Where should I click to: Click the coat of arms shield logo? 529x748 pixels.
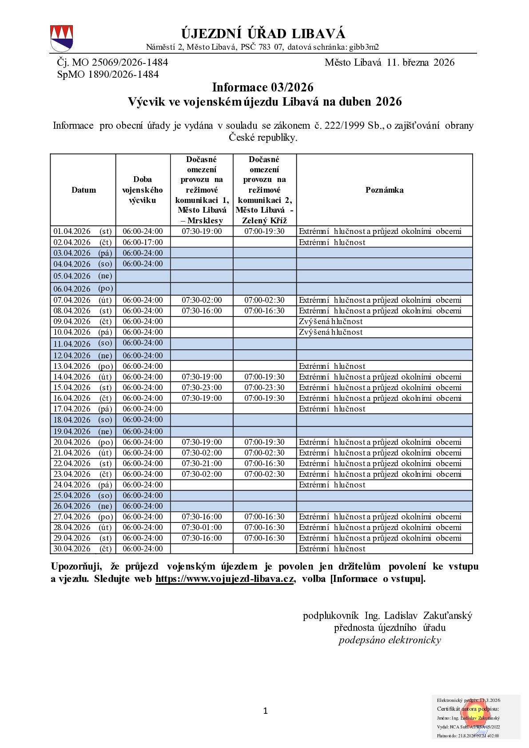[x=61, y=39]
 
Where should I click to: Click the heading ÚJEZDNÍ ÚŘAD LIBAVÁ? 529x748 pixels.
[x=263, y=34]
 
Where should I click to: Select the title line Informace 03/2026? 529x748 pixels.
[x=263, y=87]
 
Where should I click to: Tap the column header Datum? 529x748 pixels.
[x=84, y=190]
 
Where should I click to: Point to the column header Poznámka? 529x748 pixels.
[x=384, y=190]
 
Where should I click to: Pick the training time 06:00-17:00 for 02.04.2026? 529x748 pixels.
[x=143, y=242]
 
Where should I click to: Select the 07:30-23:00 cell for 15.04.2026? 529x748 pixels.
[x=202, y=388]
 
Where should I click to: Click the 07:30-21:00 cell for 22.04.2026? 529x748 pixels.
[x=202, y=463]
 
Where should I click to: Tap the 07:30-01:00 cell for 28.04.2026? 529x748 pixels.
[x=202, y=527]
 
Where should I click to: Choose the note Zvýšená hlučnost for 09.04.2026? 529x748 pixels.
[x=330, y=321]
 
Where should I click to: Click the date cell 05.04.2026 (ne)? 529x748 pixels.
[x=83, y=276]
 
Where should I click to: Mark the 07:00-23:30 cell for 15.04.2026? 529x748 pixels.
[x=264, y=388]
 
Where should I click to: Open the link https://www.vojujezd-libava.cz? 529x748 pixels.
[x=224, y=579]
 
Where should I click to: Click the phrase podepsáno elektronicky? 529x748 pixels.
[x=390, y=640]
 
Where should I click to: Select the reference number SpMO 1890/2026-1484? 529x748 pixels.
[x=108, y=74]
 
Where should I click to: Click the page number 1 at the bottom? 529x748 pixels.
[x=265, y=711]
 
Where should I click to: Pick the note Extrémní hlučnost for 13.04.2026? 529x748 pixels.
[x=332, y=366]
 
